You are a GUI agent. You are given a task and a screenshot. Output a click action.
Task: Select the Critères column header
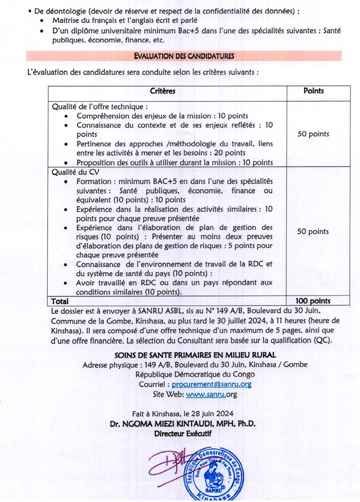[162, 91]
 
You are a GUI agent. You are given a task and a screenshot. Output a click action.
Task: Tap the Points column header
[313, 91]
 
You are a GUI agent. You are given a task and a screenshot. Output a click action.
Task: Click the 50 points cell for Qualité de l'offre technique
[313, 134]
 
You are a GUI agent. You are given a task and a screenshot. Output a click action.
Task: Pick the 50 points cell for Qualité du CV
[313, 231]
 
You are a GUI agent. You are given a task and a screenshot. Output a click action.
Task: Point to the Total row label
[60, 301]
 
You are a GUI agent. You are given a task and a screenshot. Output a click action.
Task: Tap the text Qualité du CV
[72, 172]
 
